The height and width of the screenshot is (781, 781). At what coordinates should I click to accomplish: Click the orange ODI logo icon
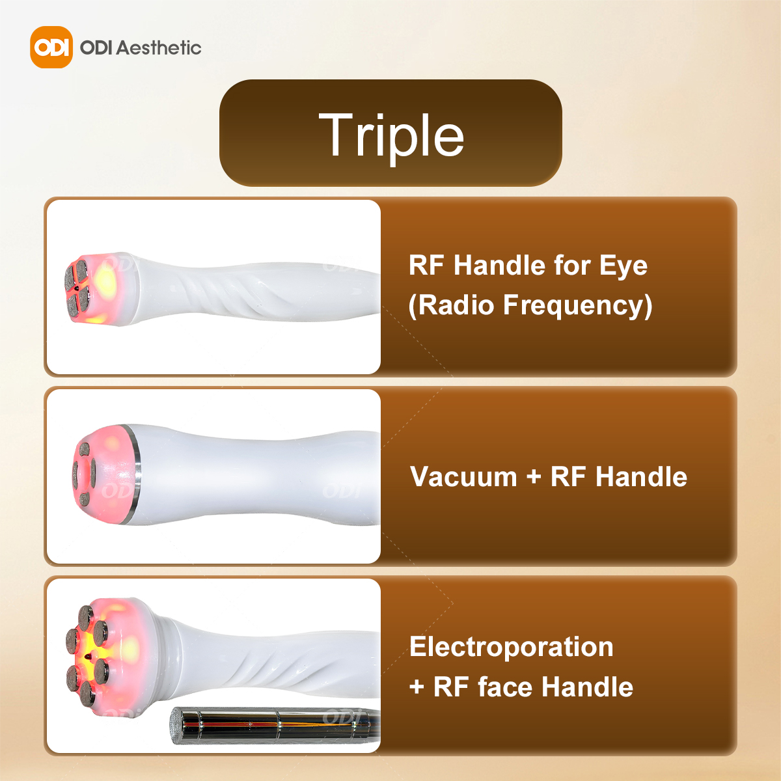click(x=51, y=47)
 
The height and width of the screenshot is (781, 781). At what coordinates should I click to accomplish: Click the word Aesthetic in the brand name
click(x=158, y=48)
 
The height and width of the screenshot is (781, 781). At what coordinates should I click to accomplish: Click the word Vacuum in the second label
click(x=463, y=476)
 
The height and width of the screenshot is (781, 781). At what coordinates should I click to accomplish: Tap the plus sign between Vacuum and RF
click(x=534, y=477)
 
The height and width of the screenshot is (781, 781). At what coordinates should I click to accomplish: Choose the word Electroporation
click(x=511, y=646)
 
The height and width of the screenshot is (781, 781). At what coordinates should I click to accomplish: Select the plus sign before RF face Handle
click(x=417, y=688)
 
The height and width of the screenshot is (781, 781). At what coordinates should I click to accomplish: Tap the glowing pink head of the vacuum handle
click(x=105, y=474)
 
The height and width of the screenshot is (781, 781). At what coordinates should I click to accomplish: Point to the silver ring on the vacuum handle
click(x=136, y=474)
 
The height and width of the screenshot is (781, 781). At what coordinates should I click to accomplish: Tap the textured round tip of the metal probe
click(x=176, y=726)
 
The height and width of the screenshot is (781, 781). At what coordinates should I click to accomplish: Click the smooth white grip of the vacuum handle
click(x=260, y=474)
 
